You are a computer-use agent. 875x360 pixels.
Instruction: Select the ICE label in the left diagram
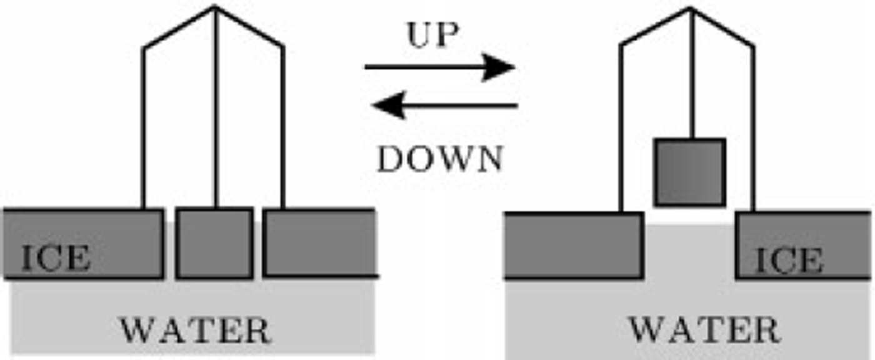56,258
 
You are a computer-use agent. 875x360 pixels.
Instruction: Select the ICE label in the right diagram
789,260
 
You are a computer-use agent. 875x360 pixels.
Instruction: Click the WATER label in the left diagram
195,329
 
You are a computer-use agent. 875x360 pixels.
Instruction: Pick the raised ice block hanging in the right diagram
689,172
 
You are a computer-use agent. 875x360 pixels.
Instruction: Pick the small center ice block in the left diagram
214,243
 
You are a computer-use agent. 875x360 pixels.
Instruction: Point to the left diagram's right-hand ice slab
319,243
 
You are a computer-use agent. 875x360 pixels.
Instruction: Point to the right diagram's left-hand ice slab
574,245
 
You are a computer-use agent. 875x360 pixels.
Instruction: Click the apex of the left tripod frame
215,7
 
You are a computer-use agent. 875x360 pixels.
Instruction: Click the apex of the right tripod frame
691,8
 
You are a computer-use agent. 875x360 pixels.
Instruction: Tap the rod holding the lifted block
691,75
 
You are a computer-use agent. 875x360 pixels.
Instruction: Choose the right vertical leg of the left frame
282,125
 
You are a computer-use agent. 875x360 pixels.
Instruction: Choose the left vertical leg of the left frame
144,125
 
